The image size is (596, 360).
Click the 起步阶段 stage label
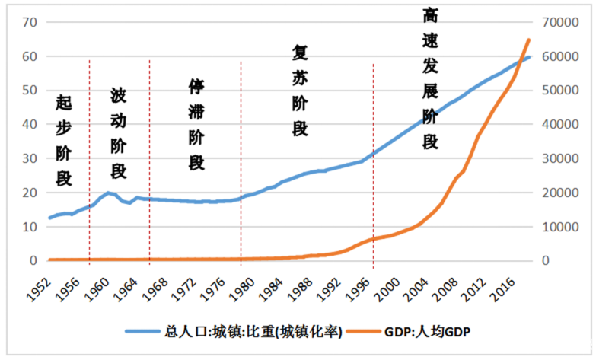coord(64,141)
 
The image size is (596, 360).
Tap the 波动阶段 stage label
coord(119,132)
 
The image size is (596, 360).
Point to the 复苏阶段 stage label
coord(299,90)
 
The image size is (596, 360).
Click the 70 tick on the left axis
coord(30,22)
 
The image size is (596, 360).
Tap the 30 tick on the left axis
coord(30,158)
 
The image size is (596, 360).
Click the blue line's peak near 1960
coord(108,193)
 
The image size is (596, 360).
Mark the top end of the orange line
coord(529,40)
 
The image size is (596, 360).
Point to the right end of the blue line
coord(529,57)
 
